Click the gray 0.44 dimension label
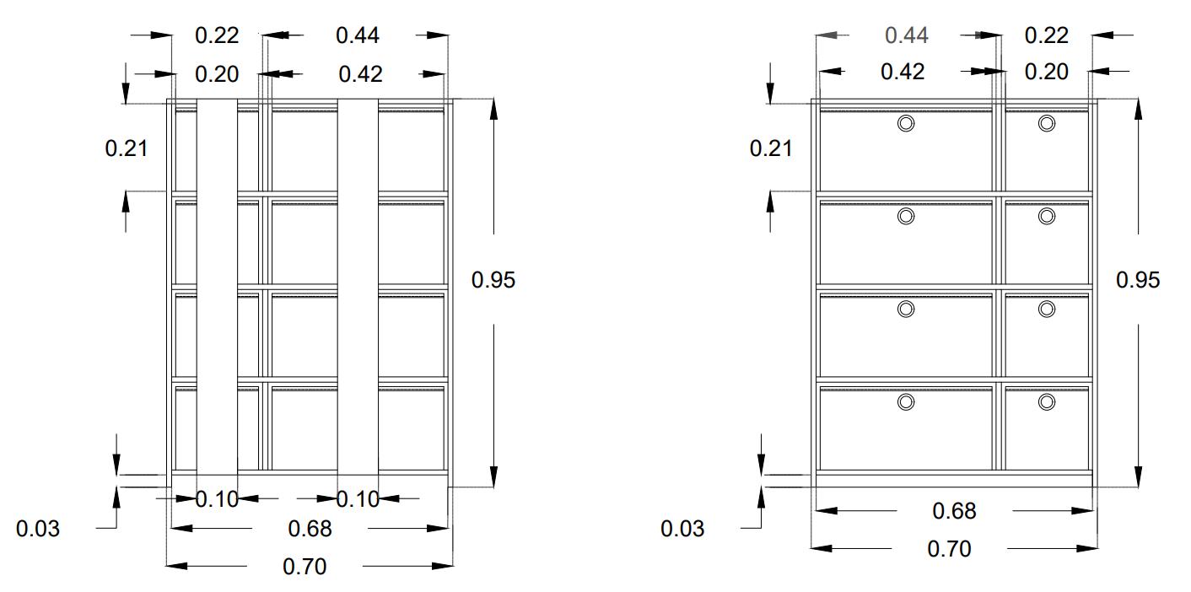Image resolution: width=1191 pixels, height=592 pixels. coord(907,35)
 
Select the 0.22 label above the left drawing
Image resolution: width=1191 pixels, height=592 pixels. coord(217,35)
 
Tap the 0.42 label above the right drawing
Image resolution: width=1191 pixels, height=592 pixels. coord(902,72)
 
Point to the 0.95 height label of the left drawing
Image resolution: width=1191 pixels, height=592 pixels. coord(493,280)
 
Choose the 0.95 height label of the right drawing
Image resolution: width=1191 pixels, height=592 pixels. coord(1138,279)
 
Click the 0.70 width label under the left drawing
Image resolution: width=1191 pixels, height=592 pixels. coord(304,566)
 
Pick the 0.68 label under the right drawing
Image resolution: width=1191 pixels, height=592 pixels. coord(954,511)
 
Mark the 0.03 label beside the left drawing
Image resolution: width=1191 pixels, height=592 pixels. coord(38,530)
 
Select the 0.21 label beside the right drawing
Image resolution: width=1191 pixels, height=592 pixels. coord(771,149)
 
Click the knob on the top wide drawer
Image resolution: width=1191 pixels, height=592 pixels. coord(906,124)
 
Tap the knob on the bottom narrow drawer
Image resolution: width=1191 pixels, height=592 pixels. coord(1047,402)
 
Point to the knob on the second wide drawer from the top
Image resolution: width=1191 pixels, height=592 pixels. coord(906,217)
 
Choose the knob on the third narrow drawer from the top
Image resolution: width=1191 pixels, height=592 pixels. coord(1047,309)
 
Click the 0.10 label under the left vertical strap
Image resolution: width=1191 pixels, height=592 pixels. coord(217,499)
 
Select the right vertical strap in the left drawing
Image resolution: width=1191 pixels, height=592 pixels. coord(358,287)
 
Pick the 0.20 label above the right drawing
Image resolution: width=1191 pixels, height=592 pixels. coord(1047,72)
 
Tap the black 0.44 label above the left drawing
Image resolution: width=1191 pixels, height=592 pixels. coord(358,35)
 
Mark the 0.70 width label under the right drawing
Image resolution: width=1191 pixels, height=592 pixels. coord(949,549)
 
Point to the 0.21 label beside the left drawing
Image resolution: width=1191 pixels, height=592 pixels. coord(126,149)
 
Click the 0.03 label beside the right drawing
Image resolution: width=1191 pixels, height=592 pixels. coord(682,530)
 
